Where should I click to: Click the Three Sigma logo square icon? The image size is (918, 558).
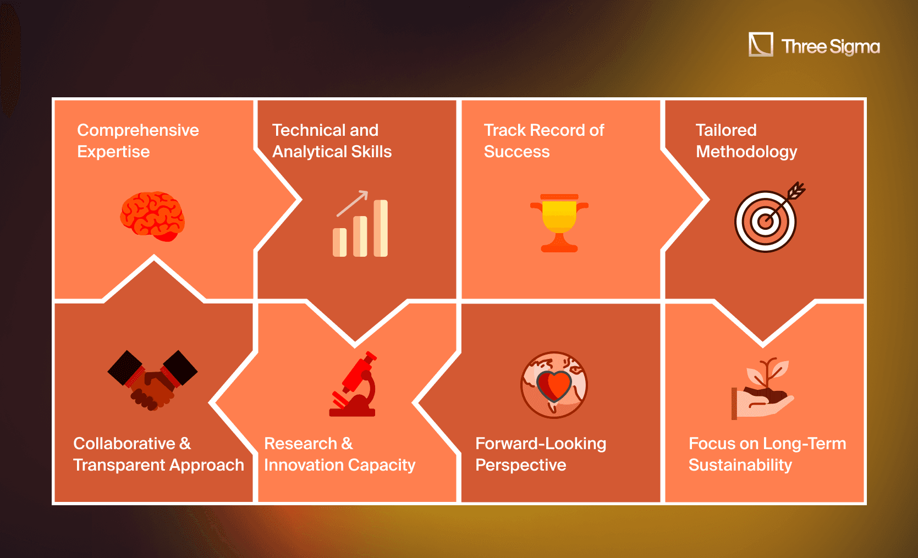tap(761, 44)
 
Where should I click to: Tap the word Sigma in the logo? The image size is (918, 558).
tap(855, 47)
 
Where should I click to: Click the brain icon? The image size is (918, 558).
tap(152, 216)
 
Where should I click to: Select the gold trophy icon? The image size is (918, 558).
tap(559, 223)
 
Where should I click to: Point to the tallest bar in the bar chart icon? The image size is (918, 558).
tap(381, 228)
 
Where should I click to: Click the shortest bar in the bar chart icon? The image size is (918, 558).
tap(340, 242)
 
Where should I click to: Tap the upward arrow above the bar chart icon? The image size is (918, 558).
tap(353, 203)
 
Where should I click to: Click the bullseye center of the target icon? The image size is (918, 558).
tap(765, 222)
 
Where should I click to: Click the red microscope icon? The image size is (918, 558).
tap(353, 384)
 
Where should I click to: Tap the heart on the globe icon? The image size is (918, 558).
tap(554, 385)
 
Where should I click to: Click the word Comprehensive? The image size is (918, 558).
tap(138, 131)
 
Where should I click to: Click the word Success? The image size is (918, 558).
tap(517, 152)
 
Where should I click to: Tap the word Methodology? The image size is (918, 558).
tap(747, 152)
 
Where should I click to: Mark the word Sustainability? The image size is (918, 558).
tap(740, 466)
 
